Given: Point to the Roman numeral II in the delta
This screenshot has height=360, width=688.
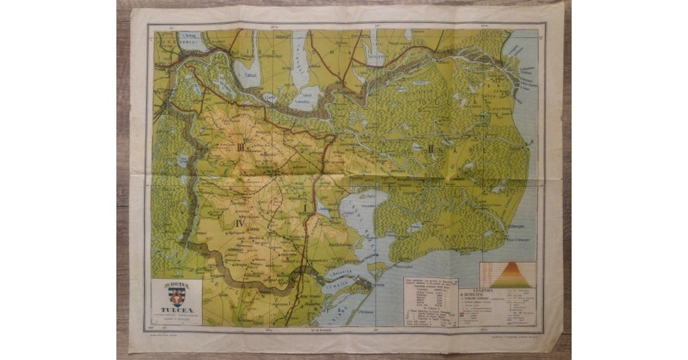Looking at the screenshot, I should click(x=431, y=150).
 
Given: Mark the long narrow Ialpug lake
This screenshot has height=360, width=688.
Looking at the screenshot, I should click(x=300, y=55).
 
